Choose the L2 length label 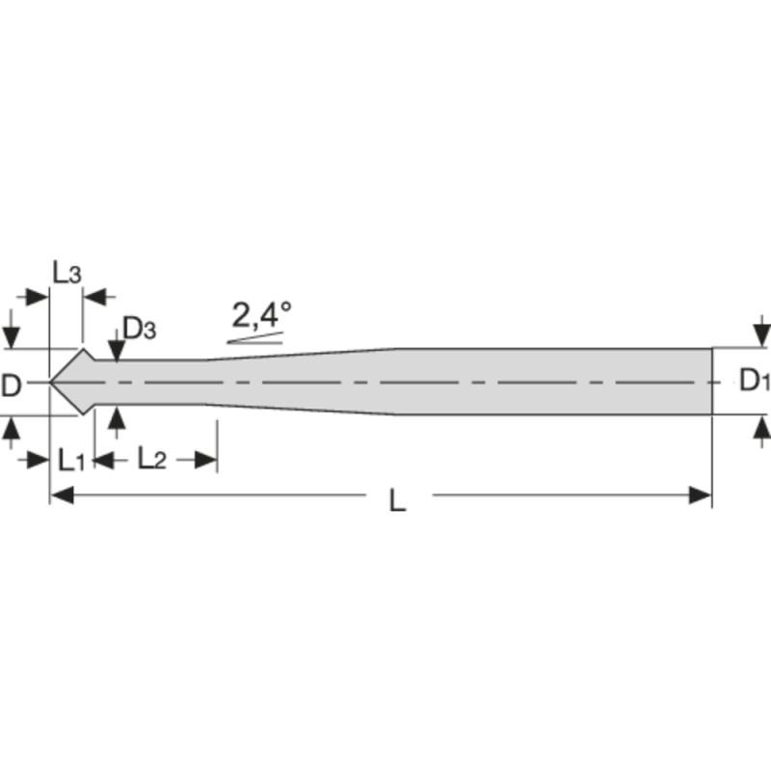[x=152, y=460]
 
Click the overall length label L [x=397, y=500]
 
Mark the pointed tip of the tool [x=51, y=383]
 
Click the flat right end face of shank [x=711, y=382]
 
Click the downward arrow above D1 [x=761, y=335]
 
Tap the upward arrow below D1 [x=761, y=427]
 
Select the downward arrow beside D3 [x=117, y=352]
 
